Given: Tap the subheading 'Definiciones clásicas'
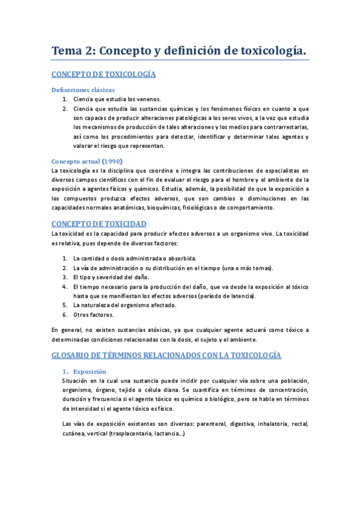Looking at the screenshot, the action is click(x=81, y=90).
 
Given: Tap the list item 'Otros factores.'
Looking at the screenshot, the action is click(x=93, y=315).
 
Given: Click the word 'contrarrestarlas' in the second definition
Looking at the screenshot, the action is click(x=284, y=127).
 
